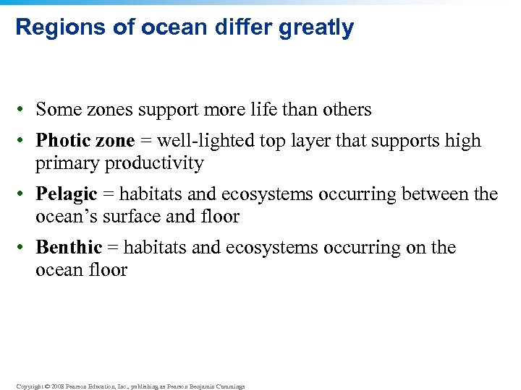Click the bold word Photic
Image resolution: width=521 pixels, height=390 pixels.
click(63, 140)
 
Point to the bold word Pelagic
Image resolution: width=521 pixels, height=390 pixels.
click(67, 194)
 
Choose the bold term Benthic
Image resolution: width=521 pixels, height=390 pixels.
click(69, 247)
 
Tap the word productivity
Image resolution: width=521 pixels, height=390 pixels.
click(154, 163)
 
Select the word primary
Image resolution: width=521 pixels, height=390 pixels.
click(68, 163)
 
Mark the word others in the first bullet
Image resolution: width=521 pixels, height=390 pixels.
click(344, 109)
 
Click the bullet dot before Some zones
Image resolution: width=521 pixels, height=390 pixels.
click(24, 110)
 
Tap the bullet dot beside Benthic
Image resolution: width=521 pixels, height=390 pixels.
click(24, 248)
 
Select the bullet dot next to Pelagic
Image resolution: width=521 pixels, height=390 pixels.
click(24, 194)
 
